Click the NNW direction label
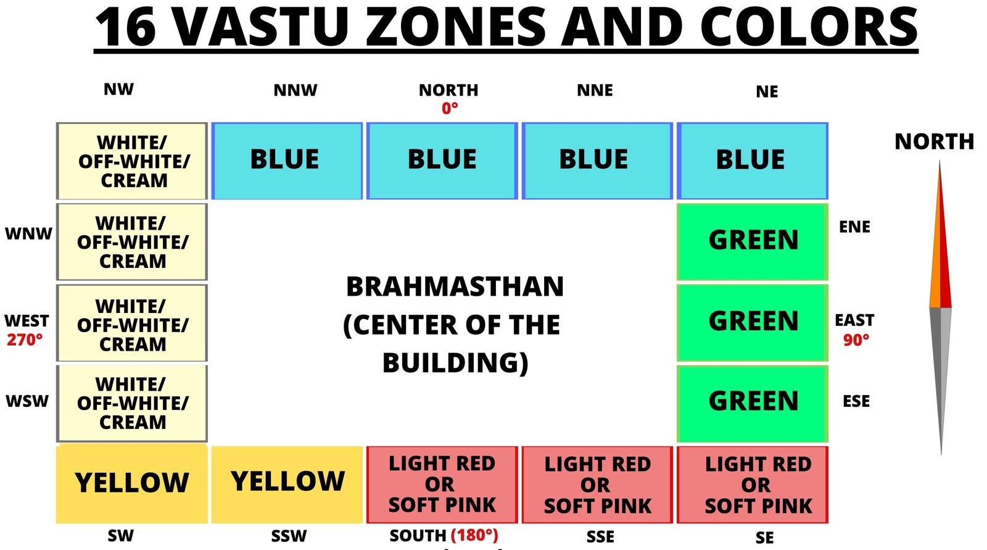tap(295, 90)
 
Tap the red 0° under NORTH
tap(450, 109)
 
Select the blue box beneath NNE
tap(597, 161)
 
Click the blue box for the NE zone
tap(752, 161)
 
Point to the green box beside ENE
tap(752, 242)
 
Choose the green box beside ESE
tap(752, 404)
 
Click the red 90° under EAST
tap(856, 340)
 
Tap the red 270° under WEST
tap(25, 340)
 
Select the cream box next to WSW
tap(132, 404)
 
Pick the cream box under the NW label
tap(132, 161)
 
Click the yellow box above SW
tap(132, 485)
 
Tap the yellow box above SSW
tap(287, 485)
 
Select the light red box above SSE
tap(597, 485)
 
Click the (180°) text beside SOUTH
tap(474, 535)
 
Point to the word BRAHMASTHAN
tap(455, 286)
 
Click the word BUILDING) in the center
tap(455, 363)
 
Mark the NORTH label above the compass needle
tap(934, 142)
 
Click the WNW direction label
tap(28, 234)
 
